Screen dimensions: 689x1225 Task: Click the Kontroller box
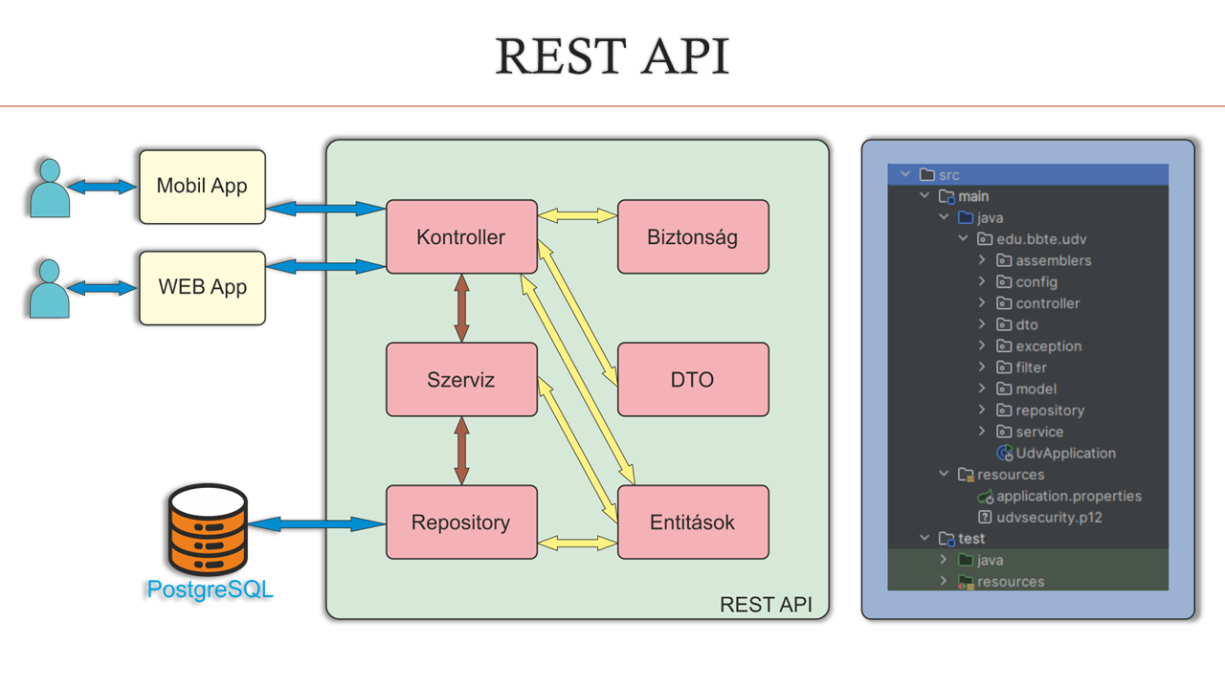pos(461,236)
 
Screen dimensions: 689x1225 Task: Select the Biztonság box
pos(693,236)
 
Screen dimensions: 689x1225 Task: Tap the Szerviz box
pos(461,380)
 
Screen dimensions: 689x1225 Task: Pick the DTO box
pos(693,380)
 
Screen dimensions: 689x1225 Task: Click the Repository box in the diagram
pos(461,522)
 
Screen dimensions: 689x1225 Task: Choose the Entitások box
pos(693,522)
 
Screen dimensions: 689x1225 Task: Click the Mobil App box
pos(202,187)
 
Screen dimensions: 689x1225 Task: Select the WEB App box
pos(202,287)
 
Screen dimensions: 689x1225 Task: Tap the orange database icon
pos(208,530)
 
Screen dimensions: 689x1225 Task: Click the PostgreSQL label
pos(210,589)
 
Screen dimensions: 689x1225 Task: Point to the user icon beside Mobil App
pos(49,188)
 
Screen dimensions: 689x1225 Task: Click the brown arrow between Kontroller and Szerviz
pos(461,308)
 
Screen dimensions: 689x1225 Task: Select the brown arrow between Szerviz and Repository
pos(461,451)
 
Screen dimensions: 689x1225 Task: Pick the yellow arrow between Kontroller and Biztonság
pos(577,216)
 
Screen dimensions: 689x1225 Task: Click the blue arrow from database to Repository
pos(316,523)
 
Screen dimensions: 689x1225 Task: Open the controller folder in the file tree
pos(1047,303)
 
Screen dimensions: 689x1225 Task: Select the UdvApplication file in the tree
pos(1065,454)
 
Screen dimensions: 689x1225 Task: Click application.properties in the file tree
pos(1068,497)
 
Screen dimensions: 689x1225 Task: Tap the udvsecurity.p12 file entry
pos(1050,518)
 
